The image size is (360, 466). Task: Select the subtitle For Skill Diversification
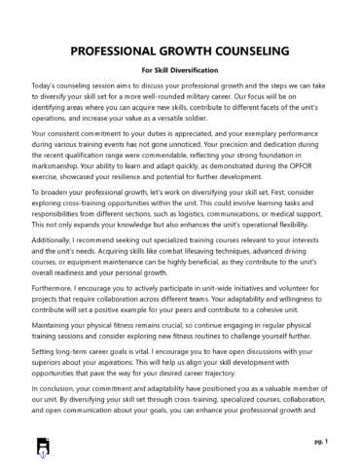180,70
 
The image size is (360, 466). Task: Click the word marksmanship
62,174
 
